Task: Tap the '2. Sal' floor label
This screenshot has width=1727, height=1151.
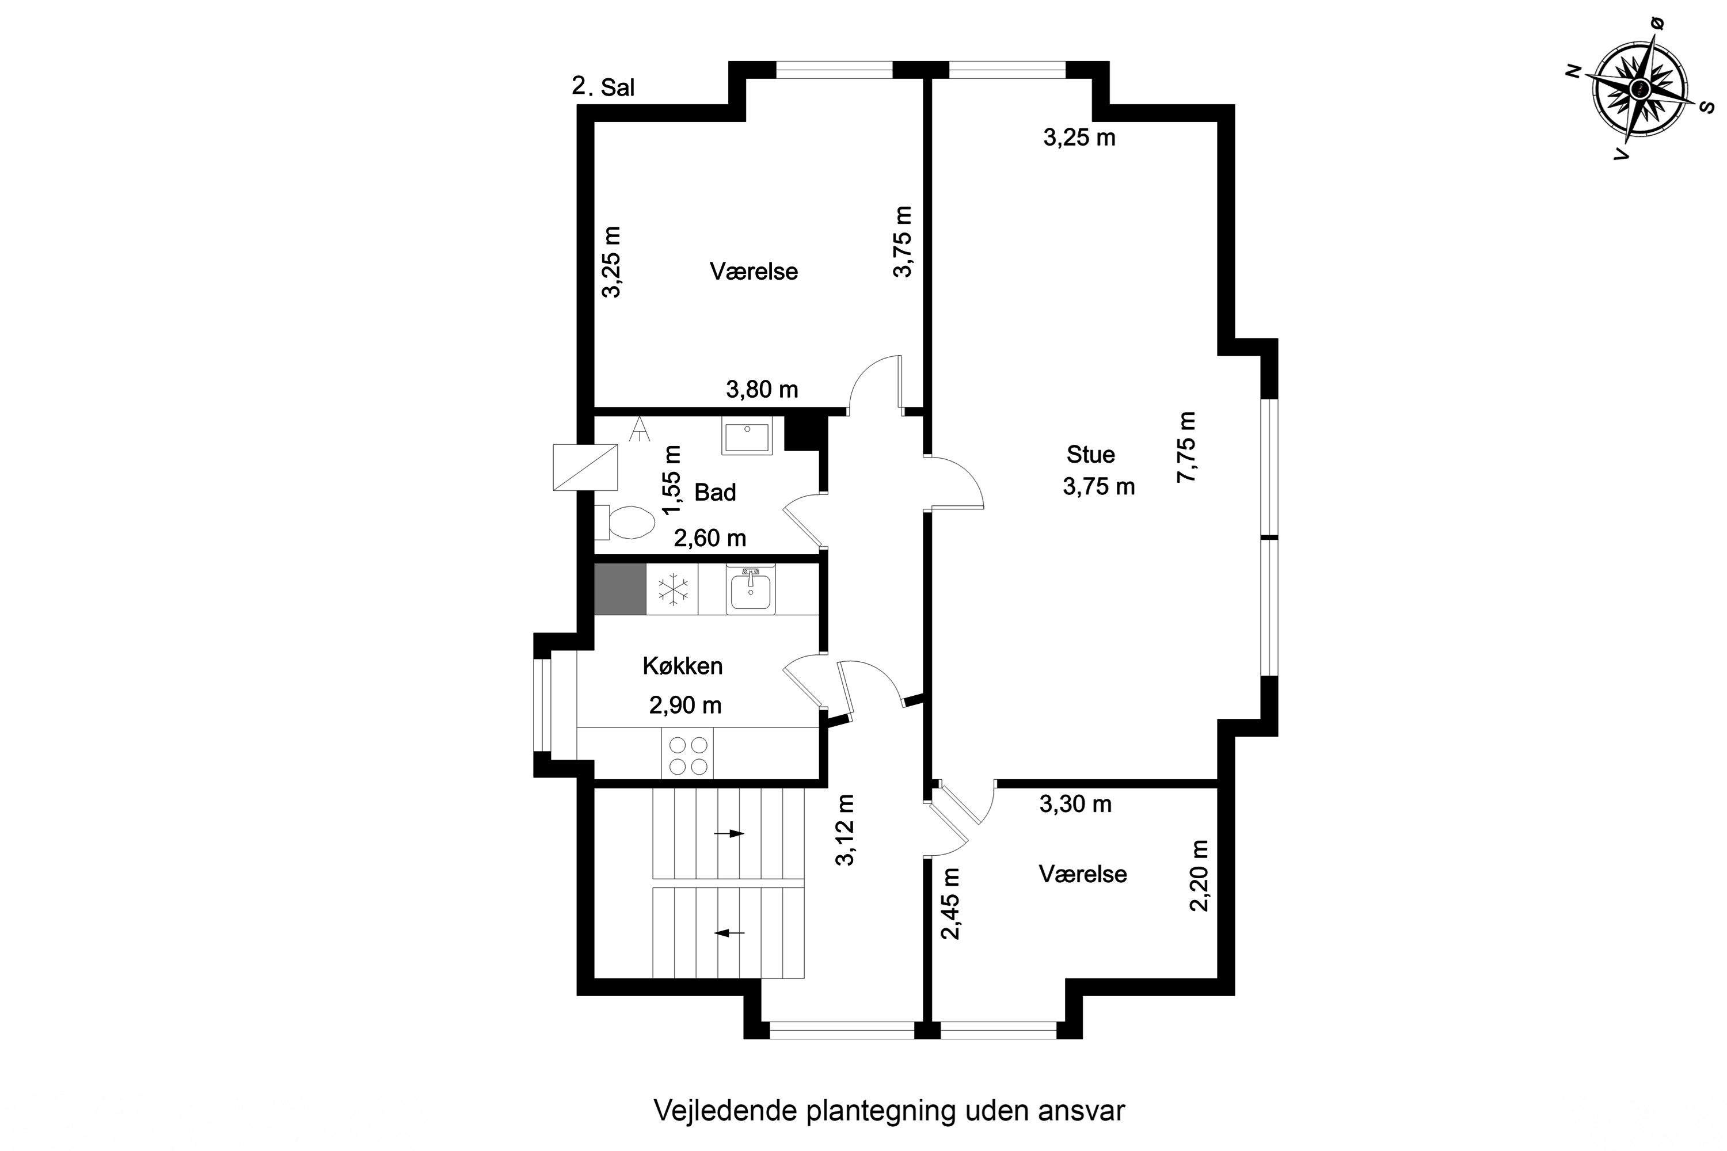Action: coord(603,87)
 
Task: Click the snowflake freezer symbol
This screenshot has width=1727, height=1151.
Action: coord(672,589)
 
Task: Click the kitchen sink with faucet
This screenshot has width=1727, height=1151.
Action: coord(750,590)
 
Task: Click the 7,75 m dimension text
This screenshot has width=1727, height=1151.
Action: coord(1186,447)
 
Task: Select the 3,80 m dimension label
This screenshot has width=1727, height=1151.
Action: coord(762,390)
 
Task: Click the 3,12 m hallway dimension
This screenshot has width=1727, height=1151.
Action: coord(846,830)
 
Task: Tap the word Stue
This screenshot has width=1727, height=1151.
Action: coord(1090,455)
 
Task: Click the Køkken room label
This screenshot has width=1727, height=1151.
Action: coord(682,666)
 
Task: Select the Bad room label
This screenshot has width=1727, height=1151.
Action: coord(714,493)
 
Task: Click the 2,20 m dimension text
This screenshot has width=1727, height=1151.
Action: coord(1199,876)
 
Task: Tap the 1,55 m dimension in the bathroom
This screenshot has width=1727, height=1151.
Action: coord(672,481)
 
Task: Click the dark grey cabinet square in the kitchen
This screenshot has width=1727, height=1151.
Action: coord(619,589)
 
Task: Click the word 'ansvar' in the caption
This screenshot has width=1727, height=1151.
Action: coord(1082,1111)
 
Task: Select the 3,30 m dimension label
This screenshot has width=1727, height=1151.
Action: coord(1075,805)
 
